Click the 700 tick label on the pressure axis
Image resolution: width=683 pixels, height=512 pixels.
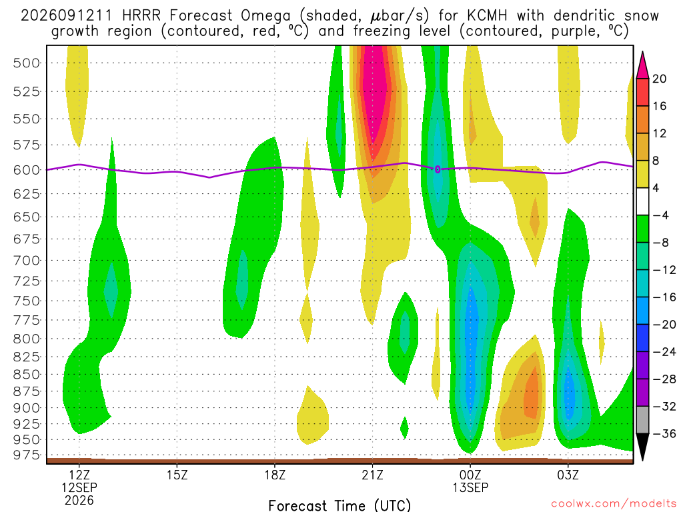coord(27,261)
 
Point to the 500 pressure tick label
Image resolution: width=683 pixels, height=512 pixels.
coord(27,63)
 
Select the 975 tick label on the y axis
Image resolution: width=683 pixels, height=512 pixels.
coord(27,455)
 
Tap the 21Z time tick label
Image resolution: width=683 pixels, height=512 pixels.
coord(372,475)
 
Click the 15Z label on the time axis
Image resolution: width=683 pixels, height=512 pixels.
coord(177,475)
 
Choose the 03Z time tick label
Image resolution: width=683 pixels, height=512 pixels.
coord(568,475)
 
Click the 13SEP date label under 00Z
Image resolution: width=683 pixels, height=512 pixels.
coord(470,487)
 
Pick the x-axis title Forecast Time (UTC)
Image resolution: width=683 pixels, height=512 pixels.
coord(339,505)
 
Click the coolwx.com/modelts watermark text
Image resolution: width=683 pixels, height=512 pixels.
coord(614,504)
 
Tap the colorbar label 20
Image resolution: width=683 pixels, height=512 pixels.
coord(659,79)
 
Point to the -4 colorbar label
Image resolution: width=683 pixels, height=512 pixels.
coord(660,215)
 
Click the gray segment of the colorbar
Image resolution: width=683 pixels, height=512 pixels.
coord(642,420)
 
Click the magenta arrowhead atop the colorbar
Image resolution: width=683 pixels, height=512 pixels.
coord(642,66)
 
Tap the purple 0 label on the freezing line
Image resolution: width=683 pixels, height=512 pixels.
coord(438,169)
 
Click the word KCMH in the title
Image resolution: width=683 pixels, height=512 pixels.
coord(487,16)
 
